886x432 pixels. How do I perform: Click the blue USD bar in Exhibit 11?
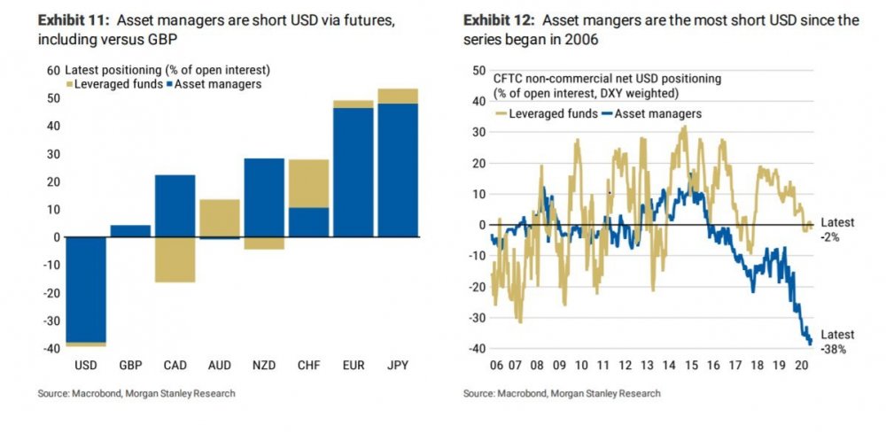pos(85,289)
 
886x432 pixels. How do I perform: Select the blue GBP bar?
pos(130,231)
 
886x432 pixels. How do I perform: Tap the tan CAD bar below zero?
pos(175,259)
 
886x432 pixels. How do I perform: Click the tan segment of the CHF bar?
pos(308,183)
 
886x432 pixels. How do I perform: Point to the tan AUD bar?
pos(219,218)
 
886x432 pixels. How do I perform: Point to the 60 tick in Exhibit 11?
pos(52,70)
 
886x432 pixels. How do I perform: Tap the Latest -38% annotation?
pos(837,342)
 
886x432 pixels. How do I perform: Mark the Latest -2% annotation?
pos(837,230)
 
